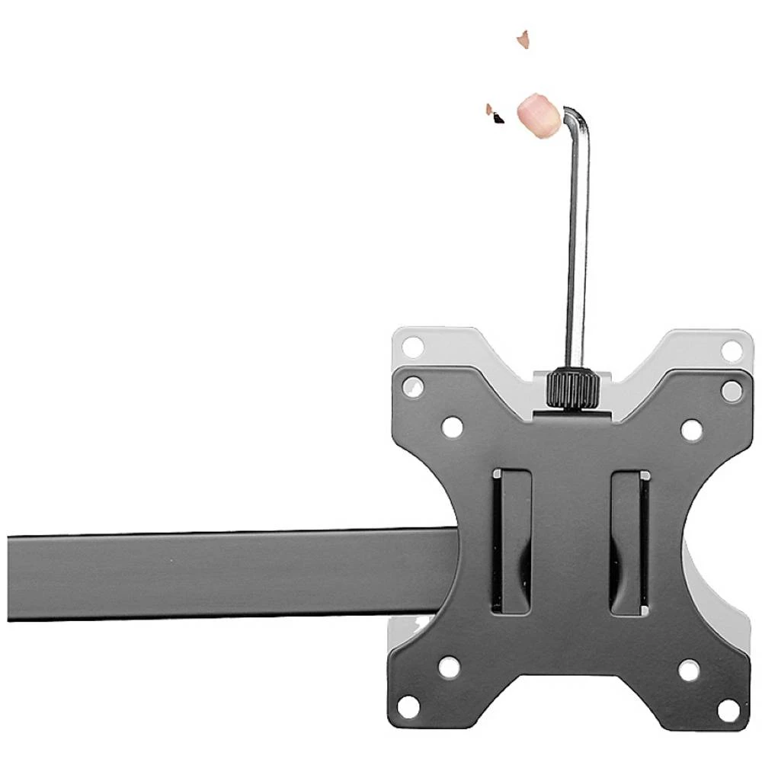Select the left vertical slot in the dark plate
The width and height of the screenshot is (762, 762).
coord(511,541)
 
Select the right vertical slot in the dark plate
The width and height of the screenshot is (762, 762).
coord(629,541)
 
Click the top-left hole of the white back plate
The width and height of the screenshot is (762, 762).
coord(412,346)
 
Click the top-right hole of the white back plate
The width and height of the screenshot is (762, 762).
coord(731,350)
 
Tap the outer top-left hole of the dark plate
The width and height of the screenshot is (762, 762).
coord(413,387)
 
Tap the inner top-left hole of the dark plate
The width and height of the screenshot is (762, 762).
coord(451,427)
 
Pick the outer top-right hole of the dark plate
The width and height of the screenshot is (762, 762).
coord(732,391)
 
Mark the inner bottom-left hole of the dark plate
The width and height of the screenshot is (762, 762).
coord(449,668)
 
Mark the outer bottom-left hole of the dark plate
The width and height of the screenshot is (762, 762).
coord(409,706)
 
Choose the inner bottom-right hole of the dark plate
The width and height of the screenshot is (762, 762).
coord(689,671)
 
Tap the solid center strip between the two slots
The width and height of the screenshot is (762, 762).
coord(570,541)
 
